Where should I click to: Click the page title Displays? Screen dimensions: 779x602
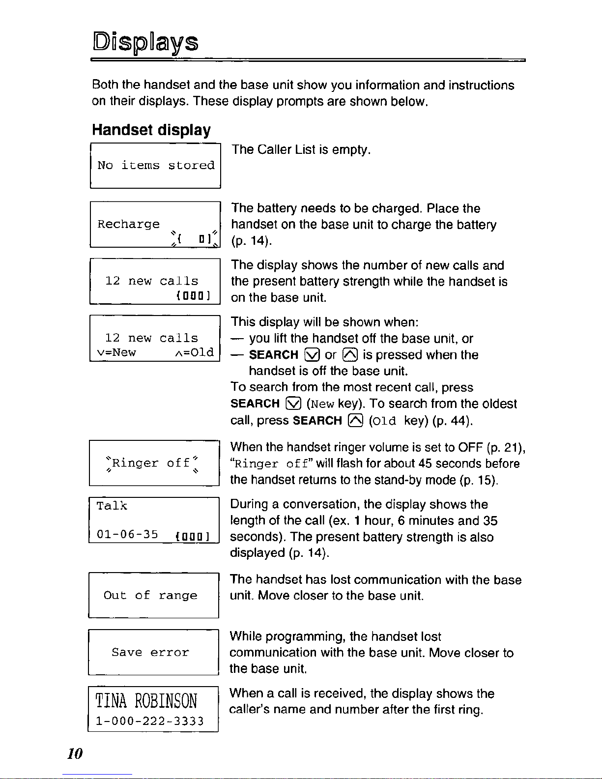(145, 43)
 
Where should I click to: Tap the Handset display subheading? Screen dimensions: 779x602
(151, 130)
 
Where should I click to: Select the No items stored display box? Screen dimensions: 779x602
(155, 166)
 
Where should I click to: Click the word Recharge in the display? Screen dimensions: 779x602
(128, 224)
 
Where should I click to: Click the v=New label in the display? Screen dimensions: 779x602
(116, 352)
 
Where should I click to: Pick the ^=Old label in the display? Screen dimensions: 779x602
(195, 352)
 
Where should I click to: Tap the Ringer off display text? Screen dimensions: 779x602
(151, 463)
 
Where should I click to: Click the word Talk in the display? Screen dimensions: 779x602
(112, 506)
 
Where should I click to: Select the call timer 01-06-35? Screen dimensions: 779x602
(127, 534)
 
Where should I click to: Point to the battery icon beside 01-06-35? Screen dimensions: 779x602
(193, 536)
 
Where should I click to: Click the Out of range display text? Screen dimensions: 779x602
(150, 595)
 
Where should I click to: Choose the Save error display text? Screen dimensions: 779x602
(150, 652)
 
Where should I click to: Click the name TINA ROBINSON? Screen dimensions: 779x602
(146, 700)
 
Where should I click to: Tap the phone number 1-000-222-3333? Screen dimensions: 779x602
(149, 721)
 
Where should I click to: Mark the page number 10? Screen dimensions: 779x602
(75, 753)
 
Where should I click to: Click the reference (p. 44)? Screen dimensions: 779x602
(453, 421)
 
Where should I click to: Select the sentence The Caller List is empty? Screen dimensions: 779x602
(301, 149)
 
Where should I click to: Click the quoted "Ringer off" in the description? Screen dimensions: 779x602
(272, 463)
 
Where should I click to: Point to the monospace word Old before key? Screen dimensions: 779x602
(385, 421)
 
